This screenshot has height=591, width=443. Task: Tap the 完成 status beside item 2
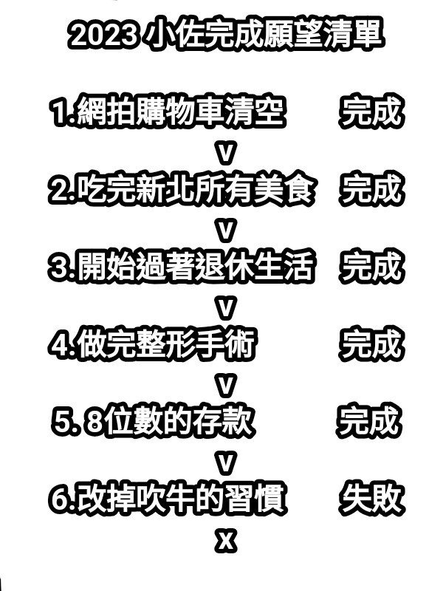click(x=371, y=190)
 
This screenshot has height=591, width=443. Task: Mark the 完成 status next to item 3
click(x=372, y=267)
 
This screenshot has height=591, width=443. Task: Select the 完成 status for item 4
click(x=371, y=344)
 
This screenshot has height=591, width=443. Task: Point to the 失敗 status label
click(x=372, y=499)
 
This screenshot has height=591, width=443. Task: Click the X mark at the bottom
click(x=225, y=541)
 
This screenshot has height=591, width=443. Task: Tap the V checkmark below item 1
click(x=225, y=152)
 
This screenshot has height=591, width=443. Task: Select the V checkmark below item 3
click(x=225, y=306)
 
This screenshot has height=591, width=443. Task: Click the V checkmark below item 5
click(x=225, y=461)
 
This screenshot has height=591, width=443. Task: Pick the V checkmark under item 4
click(x=225, y=383)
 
